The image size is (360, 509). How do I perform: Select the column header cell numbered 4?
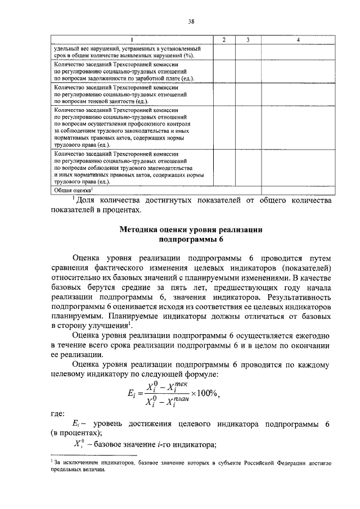click(x=298, y=40)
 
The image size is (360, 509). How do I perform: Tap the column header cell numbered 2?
click(x=223, y=40)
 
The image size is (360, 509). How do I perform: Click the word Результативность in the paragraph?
click(x=291, y=295)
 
